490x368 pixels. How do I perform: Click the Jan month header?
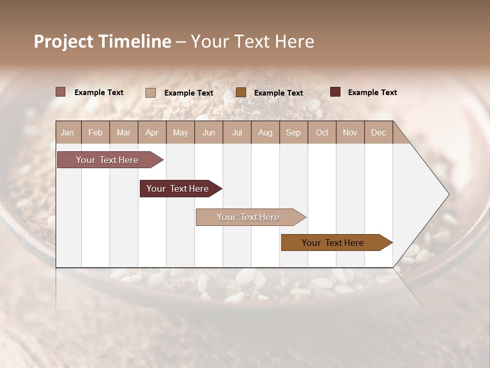(x=68, y=132)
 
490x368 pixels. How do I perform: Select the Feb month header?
(x=95, y=132)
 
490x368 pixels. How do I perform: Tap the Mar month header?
(x=124, y=132)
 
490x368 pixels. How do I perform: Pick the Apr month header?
(x=152, y=132)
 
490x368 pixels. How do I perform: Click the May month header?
(x=180, y=132)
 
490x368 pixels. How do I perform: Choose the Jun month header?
(x=209, y=132)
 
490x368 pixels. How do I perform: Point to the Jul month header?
(x=237, y=132)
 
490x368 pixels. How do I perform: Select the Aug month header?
(x=265, y=132)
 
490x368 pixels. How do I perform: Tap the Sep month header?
(x=293, y=132)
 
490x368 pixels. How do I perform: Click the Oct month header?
(x=322, y=132)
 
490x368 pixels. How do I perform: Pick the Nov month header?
(x=350, y=132)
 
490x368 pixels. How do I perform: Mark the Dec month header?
(x=378, y=132)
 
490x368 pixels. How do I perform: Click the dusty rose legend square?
(x=60, y=92)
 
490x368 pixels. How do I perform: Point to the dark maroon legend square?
(x=335, y=92)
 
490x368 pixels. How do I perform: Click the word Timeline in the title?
(x=134, y=41)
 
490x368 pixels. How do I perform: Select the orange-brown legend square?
(x=241, y=93)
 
